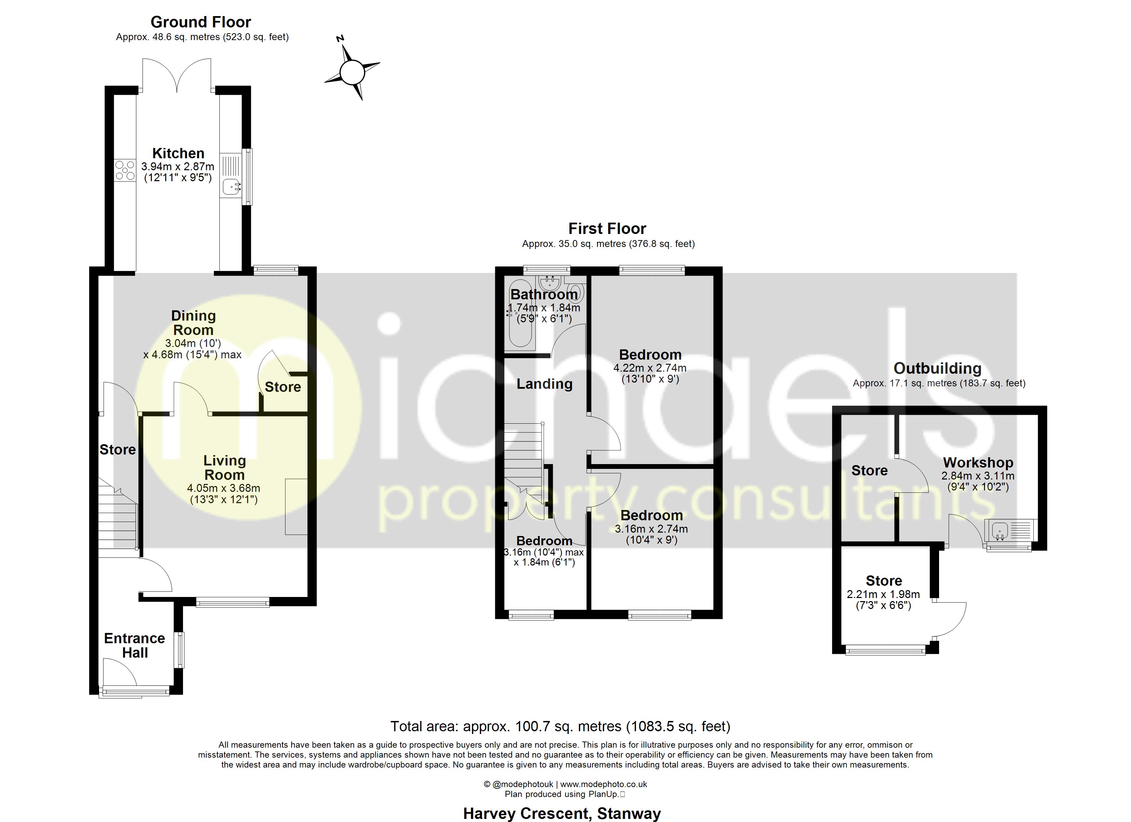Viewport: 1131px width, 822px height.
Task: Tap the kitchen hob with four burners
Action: [125, 170]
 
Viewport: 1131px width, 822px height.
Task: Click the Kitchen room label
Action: [178, 153]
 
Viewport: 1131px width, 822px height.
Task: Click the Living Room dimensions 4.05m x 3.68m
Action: [223, 488]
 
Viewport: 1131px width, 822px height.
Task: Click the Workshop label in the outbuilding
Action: [977, 463]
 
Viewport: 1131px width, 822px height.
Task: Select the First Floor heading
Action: [607, 228]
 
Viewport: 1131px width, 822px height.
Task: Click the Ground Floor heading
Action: [200, 22]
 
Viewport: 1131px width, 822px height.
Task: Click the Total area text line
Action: [560, 726]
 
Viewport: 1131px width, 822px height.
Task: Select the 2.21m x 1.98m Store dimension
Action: [883, 594]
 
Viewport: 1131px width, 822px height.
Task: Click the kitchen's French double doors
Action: [177, 75]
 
